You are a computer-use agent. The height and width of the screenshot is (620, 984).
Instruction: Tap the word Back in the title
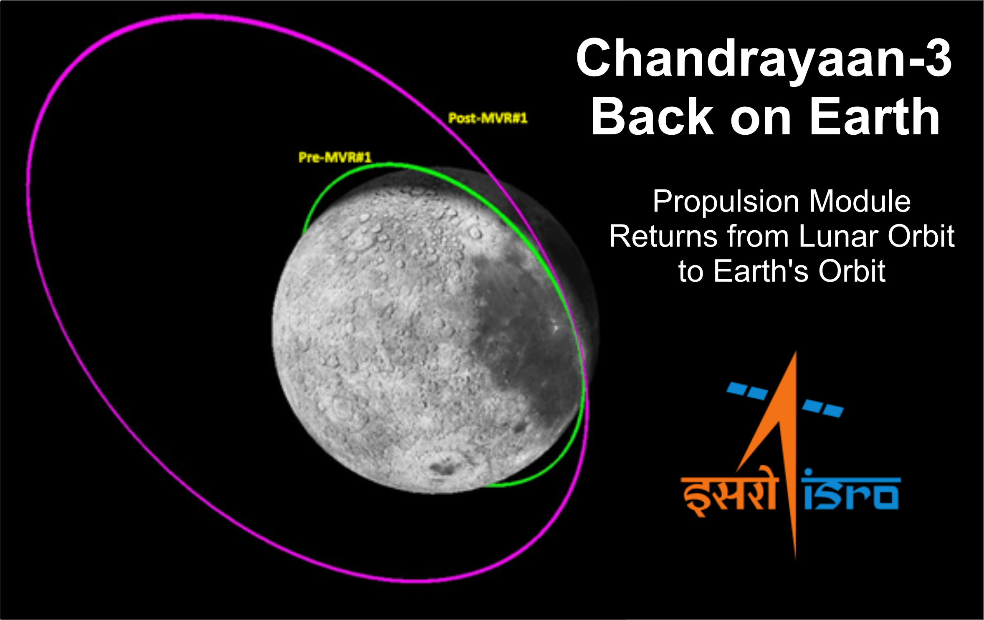click(652, 117)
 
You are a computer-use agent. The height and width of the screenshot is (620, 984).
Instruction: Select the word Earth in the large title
click(875, 117)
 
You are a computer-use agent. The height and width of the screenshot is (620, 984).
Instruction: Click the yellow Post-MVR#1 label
click(488, 118)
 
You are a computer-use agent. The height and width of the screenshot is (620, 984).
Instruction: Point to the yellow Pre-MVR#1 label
click(335, 157)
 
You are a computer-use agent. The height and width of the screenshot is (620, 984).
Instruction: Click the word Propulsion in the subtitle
click(726, 202)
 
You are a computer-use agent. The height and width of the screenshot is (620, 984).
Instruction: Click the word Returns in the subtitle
click(664, 237)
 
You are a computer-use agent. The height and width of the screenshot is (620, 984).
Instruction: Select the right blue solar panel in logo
click(823, 408)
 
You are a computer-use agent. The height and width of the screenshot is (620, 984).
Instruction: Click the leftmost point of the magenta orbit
click(28, 184)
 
